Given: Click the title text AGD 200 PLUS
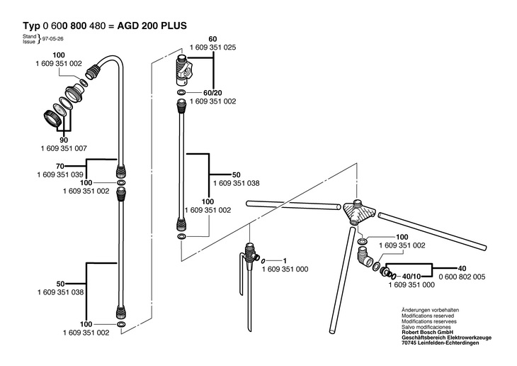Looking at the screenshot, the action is (152, 26).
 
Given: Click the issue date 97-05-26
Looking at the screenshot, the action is (52, 39).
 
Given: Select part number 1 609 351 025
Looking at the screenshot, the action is (213, 48).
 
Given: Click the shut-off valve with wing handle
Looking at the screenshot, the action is (183, 71).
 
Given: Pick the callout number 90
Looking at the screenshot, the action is (64, 140).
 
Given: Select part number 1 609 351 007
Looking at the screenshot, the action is (64, 149).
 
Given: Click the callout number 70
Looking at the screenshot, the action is (60, 166).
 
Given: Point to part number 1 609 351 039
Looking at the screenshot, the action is (60, 174).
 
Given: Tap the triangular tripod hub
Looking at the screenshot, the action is (358, 211).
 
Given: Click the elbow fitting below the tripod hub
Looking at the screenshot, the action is (364, 258).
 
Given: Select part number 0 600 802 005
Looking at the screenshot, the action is (462, 277).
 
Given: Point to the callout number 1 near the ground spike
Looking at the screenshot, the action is (285, 260).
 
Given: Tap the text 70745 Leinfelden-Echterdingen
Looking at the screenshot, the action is (441, 343).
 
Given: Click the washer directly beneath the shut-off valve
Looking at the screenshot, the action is (182, 92).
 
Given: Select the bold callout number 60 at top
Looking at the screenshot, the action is (212, 39).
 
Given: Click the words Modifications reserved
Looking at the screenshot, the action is (428, 316).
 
